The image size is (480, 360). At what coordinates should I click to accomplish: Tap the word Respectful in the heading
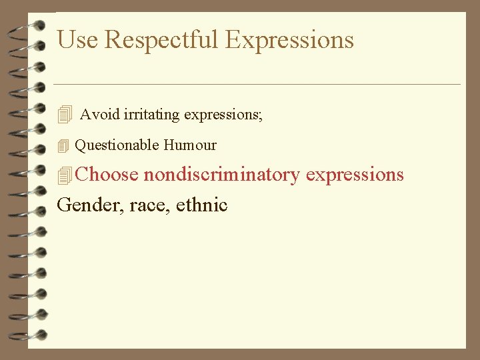161,40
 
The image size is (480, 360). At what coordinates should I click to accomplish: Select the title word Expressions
289,40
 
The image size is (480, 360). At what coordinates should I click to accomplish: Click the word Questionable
117,145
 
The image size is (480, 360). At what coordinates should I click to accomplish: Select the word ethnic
202,205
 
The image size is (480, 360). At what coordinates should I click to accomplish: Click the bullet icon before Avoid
64,115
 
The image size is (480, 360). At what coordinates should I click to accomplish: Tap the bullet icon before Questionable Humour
63,145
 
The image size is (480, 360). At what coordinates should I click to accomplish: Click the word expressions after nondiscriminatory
355,175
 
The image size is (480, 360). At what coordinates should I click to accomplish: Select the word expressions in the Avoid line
221,115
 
